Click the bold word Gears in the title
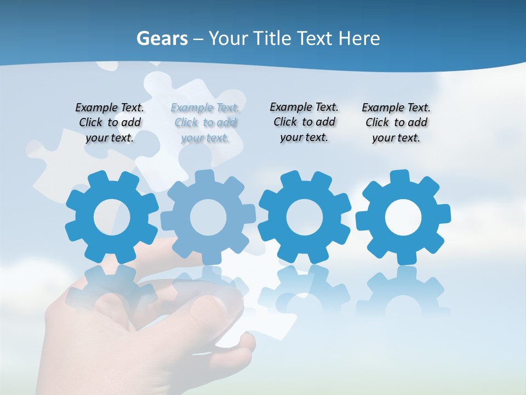162,39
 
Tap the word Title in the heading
272,39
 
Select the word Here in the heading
359,39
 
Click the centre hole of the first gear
112,218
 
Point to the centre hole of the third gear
305,217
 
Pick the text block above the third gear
304,122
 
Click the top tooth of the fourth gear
400,177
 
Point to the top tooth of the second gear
204,177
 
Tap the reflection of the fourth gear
403,291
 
